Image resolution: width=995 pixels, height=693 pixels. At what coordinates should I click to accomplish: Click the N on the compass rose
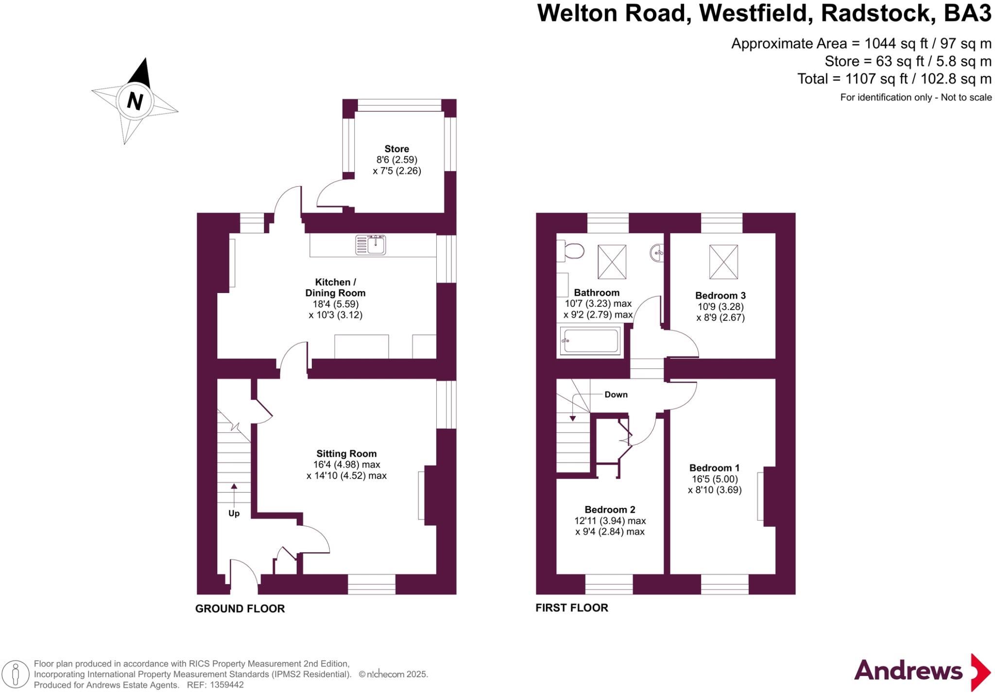(135, 101)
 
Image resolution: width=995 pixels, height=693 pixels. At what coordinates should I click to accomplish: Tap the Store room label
(396, 149)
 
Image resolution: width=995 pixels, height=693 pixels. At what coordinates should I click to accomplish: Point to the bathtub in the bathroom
(590, 340)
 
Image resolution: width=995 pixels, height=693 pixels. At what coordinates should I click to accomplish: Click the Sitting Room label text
(346, 454)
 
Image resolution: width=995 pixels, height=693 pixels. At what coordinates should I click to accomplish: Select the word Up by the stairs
(234, 514)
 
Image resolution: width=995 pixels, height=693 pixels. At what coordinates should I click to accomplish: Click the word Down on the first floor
(616, 395)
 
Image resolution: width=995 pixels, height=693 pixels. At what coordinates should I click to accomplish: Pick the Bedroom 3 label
(720, 295)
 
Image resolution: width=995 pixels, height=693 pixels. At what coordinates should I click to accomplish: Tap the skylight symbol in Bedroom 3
(723, 262)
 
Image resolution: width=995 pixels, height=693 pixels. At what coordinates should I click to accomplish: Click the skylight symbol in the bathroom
(612, 262)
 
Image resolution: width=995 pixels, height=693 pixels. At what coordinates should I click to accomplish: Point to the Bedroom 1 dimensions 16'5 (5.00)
(715, 479)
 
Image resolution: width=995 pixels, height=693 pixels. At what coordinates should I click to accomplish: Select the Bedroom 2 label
(610, 510)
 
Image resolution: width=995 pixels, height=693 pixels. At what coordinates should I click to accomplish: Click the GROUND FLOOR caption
(240, 608)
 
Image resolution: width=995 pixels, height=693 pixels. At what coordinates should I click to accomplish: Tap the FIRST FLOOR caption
(572, 608)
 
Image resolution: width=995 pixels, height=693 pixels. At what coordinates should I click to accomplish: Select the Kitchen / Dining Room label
(335, 288)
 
